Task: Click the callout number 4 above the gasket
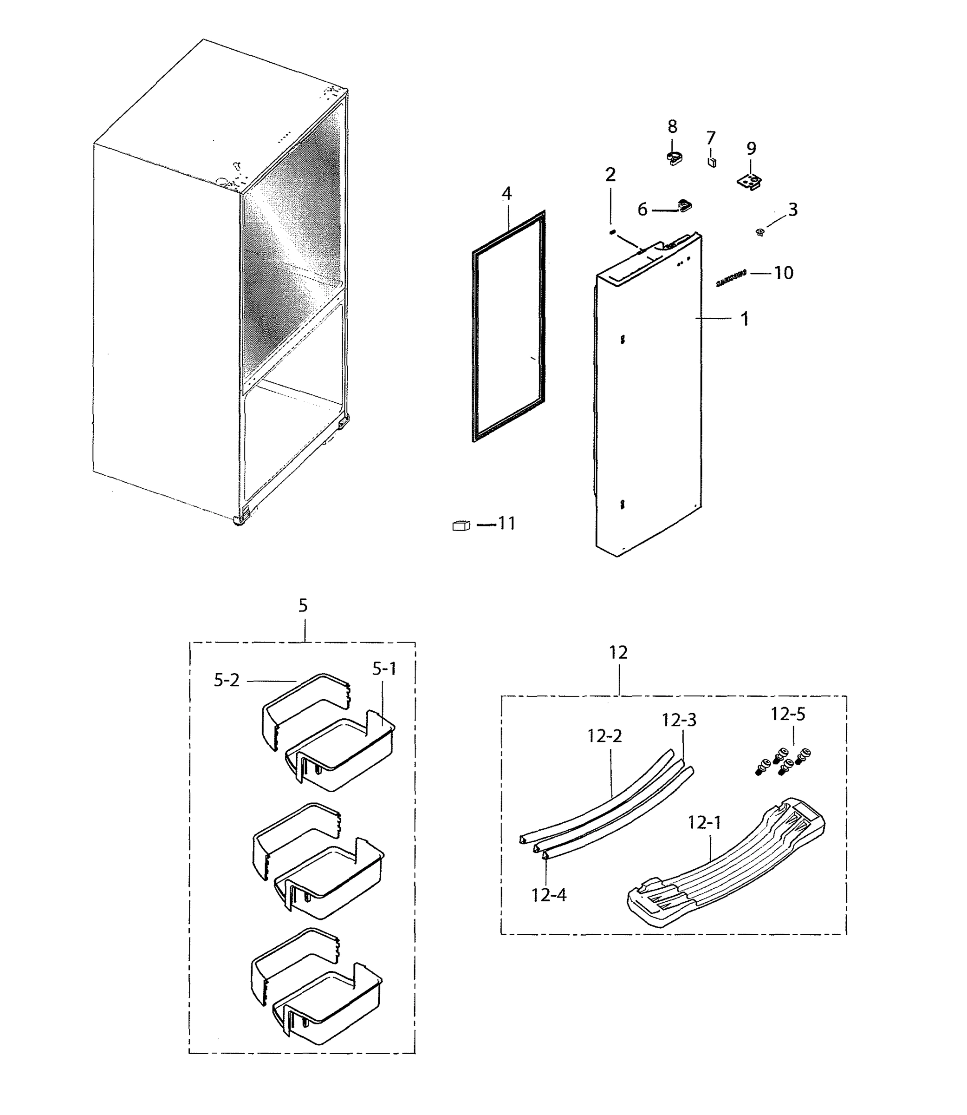point(506,193)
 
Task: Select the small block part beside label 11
point(461,525)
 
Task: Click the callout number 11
point(506,523)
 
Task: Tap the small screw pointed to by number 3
point(760,232)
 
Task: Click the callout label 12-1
point(704,823)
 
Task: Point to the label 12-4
point(549,895)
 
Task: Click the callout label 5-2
point(226,680)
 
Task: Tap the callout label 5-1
point(384,669)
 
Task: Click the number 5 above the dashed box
point(303,606)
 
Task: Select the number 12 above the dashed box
point(618,652)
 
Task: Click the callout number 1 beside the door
point(744,319)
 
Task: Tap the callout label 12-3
point(679,720)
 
